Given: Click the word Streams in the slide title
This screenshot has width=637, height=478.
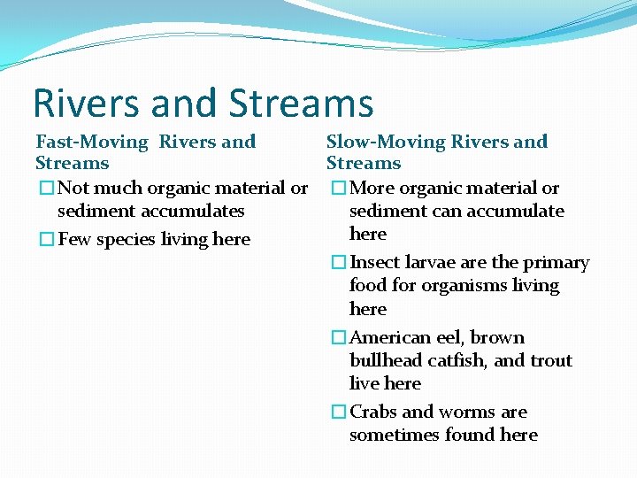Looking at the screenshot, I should [301, 104].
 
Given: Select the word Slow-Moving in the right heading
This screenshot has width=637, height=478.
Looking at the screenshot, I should [386, 142].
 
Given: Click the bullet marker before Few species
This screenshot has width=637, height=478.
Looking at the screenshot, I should [46, 240].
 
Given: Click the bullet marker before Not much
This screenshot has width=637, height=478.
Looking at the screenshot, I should [46, 189].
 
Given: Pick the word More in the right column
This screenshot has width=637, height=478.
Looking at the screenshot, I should [372, 189].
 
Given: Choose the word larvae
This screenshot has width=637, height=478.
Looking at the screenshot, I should [430, 263].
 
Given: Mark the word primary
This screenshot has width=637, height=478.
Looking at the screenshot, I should [556, 263].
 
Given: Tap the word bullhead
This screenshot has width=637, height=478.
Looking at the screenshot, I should [382, 361].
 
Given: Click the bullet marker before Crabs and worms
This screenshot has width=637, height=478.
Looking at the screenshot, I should [339, 412].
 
